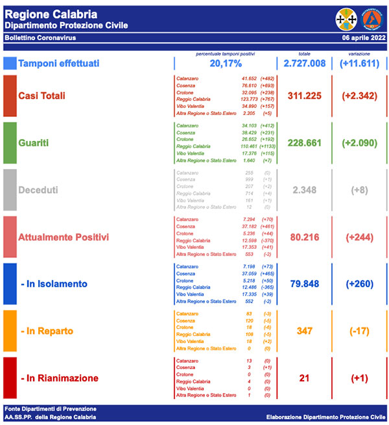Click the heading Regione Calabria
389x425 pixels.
[51, 14]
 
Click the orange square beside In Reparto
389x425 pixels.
[10, 331]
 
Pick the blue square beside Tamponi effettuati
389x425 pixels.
[10, 64]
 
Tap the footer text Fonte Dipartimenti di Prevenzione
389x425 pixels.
[51, 409]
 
